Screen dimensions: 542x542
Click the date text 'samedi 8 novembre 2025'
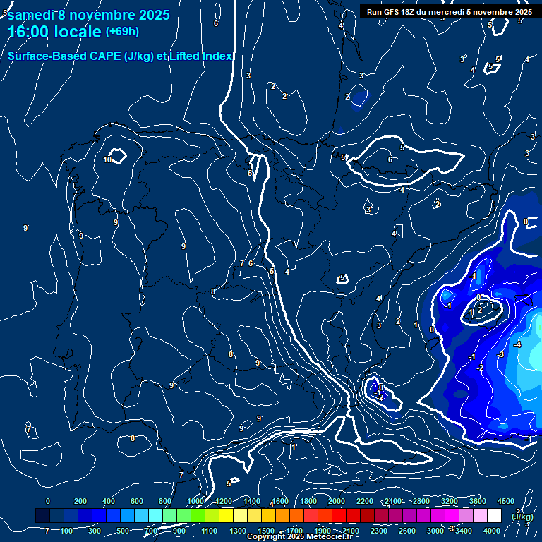(x=88, y=15)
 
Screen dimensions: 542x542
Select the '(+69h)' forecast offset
(x=122, y=32)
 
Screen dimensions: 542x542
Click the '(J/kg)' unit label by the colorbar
(x=523, y=517)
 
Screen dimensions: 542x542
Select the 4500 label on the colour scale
(x=505, y=501)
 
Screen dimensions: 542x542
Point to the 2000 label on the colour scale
(x=336, y=501)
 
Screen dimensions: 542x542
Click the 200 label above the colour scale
(x=80, y=501)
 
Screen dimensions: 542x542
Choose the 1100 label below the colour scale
(x=210, y=531)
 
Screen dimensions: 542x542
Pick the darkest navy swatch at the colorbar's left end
(x=42, y=516)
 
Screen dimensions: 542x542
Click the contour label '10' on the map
(x=107, y=159)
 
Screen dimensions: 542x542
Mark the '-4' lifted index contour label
(x=517, y=344)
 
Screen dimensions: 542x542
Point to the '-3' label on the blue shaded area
(x=500, y=354)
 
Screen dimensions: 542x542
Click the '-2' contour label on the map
(x=480, y=368)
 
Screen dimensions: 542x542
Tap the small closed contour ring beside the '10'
(x=117, y=155)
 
